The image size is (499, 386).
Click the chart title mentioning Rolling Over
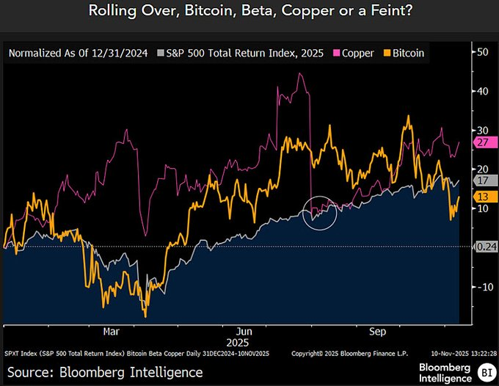(x=249, y=11)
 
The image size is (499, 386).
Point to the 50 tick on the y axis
(x=483, y=53)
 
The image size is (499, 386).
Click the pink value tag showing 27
(x=483, y=142)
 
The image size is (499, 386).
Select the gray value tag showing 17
(x=483, y=180)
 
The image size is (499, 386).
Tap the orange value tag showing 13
(x=483, y=197)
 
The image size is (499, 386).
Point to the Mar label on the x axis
(x=111, y=331)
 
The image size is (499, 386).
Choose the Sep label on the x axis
(x=376, y=331)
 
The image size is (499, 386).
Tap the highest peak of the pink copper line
(x=301, y=73)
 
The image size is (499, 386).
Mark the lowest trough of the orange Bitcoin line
(x=145, y=316)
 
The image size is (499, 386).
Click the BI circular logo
(x=485, y=371)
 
